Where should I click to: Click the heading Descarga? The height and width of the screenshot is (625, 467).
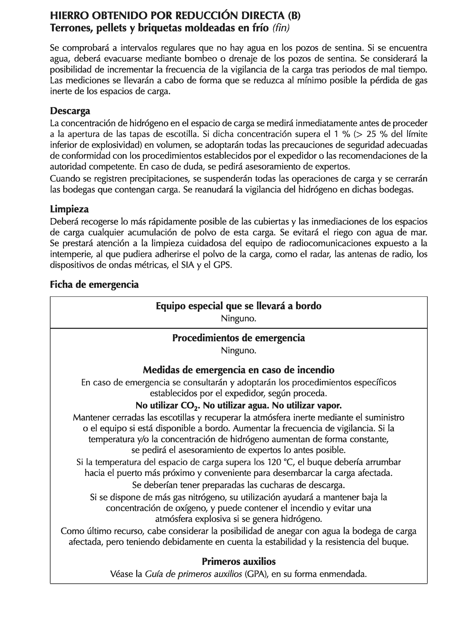(x=70, y=111)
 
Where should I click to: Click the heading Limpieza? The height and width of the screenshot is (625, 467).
(x=69, y=209)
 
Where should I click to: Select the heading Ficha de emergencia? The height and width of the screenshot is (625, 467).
(x=94, y=285)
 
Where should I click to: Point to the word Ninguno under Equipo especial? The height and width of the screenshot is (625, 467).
(x=238, y=318)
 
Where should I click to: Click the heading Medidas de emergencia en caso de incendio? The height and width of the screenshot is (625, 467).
(x=238, y=370)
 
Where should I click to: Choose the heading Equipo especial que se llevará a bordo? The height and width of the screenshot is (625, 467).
(x=238, y=306)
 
